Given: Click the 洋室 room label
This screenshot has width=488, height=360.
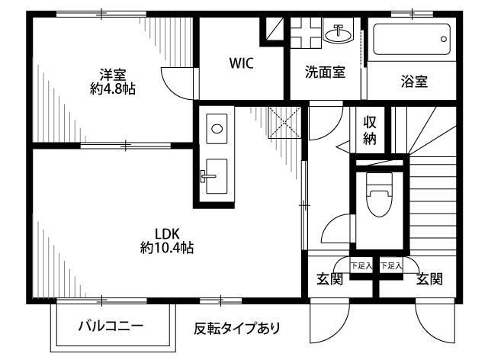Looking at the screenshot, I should [x=112, y=74].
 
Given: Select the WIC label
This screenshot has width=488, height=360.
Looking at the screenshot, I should [x=242, y=64].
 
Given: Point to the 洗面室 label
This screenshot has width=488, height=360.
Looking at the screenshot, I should [x=325, y=72].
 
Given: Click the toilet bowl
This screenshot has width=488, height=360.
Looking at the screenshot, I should [x=378, y=197].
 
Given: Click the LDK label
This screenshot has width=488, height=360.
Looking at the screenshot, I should [x=166, y=233].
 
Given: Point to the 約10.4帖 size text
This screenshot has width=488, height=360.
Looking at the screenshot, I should [x=166, y=248].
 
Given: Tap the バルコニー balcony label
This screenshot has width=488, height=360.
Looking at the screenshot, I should [x=111, y=327].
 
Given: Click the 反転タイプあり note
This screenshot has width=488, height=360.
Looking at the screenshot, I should [x=237, y=329].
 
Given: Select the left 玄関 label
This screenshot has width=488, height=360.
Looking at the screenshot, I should [x=329, y=279].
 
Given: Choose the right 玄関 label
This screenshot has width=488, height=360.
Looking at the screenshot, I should [x=429, y=279].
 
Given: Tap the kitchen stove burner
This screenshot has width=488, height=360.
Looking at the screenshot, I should [x=217, y=128].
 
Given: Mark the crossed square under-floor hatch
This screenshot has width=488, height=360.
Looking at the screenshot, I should [x=285, y=123].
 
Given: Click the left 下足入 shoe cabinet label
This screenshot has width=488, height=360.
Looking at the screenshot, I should [x=361, y=266].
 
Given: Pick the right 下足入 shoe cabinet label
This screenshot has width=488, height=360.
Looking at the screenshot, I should [x=390, y=266].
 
